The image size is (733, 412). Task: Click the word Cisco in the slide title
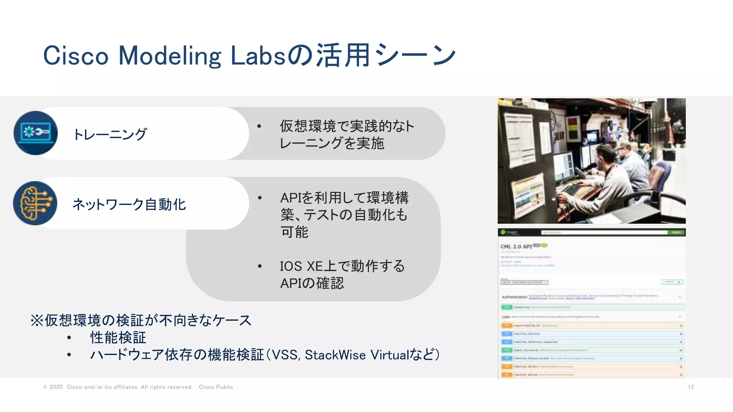tap(76, 56)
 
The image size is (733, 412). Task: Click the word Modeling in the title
tap(170, 56)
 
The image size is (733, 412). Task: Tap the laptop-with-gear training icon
tap(35, 133)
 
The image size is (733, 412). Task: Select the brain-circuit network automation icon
tap(35, 203)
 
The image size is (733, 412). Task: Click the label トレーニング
tap(110, 134)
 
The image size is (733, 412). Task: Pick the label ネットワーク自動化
tap(129, 205)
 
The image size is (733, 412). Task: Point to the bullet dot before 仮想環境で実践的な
tap(259, 126)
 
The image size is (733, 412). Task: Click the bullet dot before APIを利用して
tap(260, 198)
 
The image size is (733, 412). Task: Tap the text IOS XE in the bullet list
tap(301, 266)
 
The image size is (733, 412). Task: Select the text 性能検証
tap(118, 338)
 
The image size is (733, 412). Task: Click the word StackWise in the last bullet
tap(335, 355)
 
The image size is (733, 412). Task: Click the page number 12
tap(691, 387)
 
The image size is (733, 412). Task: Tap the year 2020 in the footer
tap(56, 387)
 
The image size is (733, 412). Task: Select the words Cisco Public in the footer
tap(216, 387)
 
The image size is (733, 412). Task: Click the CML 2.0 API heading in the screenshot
tap(516, 247)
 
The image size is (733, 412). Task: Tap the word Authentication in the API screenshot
tap(514, 297)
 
